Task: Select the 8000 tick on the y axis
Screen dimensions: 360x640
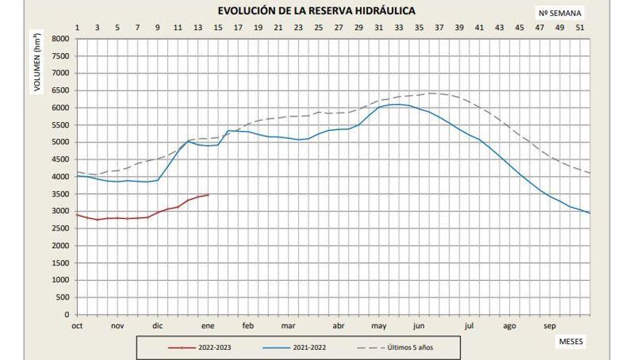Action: pos(60,39)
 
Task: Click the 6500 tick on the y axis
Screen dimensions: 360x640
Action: pos(60,90)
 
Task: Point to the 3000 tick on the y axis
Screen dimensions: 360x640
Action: pos(60,211)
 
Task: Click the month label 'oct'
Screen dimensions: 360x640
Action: pos(77,326)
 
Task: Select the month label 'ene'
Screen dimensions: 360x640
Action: pos(208,326)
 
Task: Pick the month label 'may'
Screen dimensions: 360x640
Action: pos(379,326)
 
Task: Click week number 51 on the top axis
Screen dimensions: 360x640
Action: pos(580,28)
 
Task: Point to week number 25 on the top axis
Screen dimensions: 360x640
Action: pos(319,28)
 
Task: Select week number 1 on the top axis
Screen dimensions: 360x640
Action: pos(77,28)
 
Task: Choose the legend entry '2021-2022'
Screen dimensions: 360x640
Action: pos(310,347)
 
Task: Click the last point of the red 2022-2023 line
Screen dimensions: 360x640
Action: pos(208,194)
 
